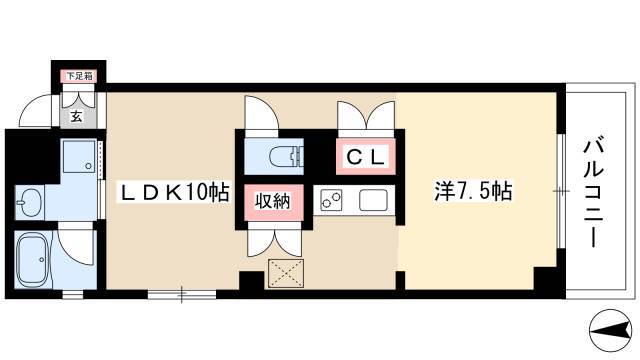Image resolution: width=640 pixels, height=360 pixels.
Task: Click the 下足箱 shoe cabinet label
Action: click(79, 76)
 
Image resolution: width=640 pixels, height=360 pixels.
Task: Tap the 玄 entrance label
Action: click(76, 117)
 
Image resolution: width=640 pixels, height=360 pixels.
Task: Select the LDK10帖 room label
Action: click(174, 192)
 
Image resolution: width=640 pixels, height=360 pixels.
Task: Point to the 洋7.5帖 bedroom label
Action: click(473, 191)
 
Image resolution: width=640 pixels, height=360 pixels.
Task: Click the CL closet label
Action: click(365, 157)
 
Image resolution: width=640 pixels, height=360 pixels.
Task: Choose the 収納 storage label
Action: click(273, 201)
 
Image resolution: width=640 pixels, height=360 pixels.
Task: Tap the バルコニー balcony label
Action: click(593, 193)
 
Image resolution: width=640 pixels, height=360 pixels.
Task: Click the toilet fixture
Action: click(287, 156)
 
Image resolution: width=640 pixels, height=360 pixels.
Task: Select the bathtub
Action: click(34, 259)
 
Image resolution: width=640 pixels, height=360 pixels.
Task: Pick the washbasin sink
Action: click(28, 201)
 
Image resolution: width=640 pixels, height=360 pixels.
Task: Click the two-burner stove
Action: click(331, 200)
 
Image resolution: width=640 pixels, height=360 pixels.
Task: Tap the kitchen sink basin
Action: click(373, 200)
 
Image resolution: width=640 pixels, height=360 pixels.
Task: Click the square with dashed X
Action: click(286, 273)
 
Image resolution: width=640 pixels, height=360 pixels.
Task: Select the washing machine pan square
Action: click(79, 157)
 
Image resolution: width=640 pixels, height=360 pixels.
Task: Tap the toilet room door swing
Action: click(261, 113)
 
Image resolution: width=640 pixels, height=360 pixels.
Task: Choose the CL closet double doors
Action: click(366, 115)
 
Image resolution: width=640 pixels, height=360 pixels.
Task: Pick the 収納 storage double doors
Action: click(274, 242)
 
